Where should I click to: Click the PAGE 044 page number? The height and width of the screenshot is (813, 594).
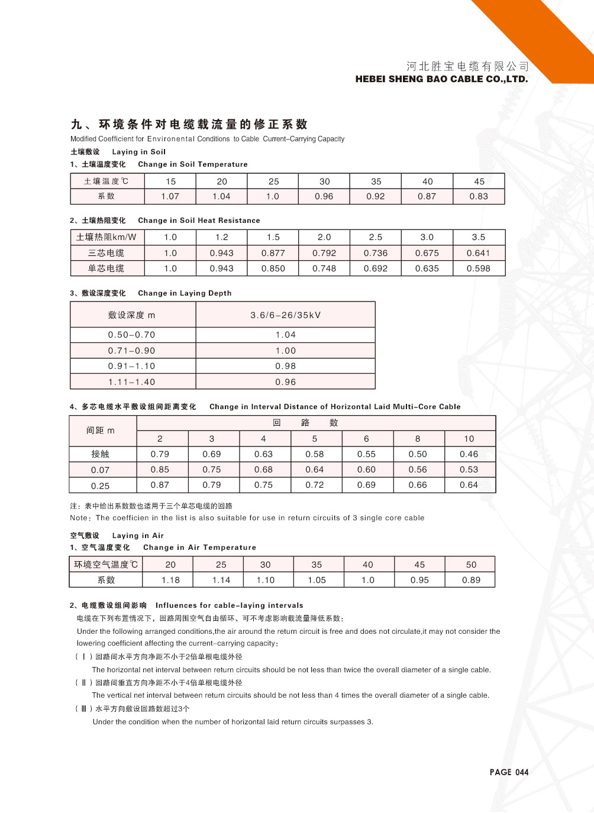click(509, 772)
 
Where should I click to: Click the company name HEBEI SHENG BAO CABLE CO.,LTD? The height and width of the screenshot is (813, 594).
click(441, 79)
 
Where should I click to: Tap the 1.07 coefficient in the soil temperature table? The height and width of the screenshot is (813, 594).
click(170, 196)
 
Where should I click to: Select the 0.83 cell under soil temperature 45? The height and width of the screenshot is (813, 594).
click(479, 196)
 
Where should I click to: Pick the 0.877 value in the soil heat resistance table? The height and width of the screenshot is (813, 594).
click(273, 253)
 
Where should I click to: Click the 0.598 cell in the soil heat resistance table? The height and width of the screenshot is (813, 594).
click(478, 268)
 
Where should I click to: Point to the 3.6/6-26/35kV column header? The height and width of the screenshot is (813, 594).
click(285, 315)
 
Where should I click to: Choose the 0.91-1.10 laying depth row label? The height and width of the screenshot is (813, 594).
click(132, 366)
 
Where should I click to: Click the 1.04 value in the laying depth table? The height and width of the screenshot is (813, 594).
click(285, 335)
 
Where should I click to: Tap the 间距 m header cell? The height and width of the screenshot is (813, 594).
click(101, 430)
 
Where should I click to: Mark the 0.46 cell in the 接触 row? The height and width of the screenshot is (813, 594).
click(469, 454)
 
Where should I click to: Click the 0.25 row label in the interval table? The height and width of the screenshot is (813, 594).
click(100, 485)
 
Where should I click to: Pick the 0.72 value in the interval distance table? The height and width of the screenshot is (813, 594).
click(315, 485)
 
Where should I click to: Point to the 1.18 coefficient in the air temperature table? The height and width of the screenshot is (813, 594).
click(170, 580)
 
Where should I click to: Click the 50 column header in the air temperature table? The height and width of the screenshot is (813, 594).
click(471, 565)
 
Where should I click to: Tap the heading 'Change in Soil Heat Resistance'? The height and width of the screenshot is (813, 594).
click(199, 221)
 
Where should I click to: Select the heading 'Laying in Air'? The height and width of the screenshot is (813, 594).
click(138, 536)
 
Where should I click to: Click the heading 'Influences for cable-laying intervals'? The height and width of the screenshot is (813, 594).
click(229, 605)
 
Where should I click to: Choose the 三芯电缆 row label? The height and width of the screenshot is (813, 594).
click(106, 253)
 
